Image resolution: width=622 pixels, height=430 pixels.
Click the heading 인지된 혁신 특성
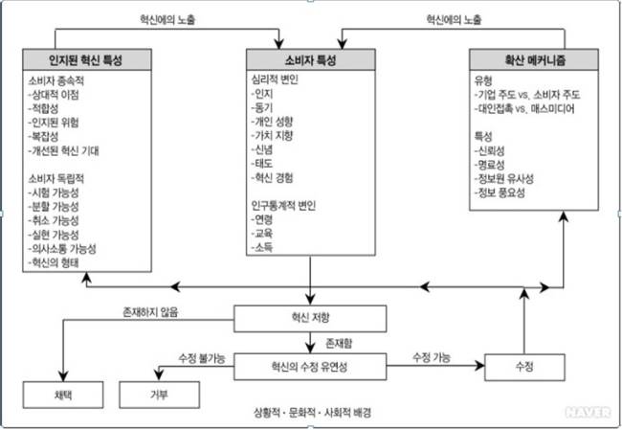click(85, 59)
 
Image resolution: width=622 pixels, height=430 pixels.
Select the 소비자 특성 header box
click(311, 59)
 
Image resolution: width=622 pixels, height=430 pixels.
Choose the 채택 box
click(63, 395)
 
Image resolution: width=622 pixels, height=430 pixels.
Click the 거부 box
click(161, 395)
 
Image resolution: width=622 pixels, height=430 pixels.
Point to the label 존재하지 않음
click(150, 311)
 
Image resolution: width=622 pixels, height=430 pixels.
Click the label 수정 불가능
click(202, 358)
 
